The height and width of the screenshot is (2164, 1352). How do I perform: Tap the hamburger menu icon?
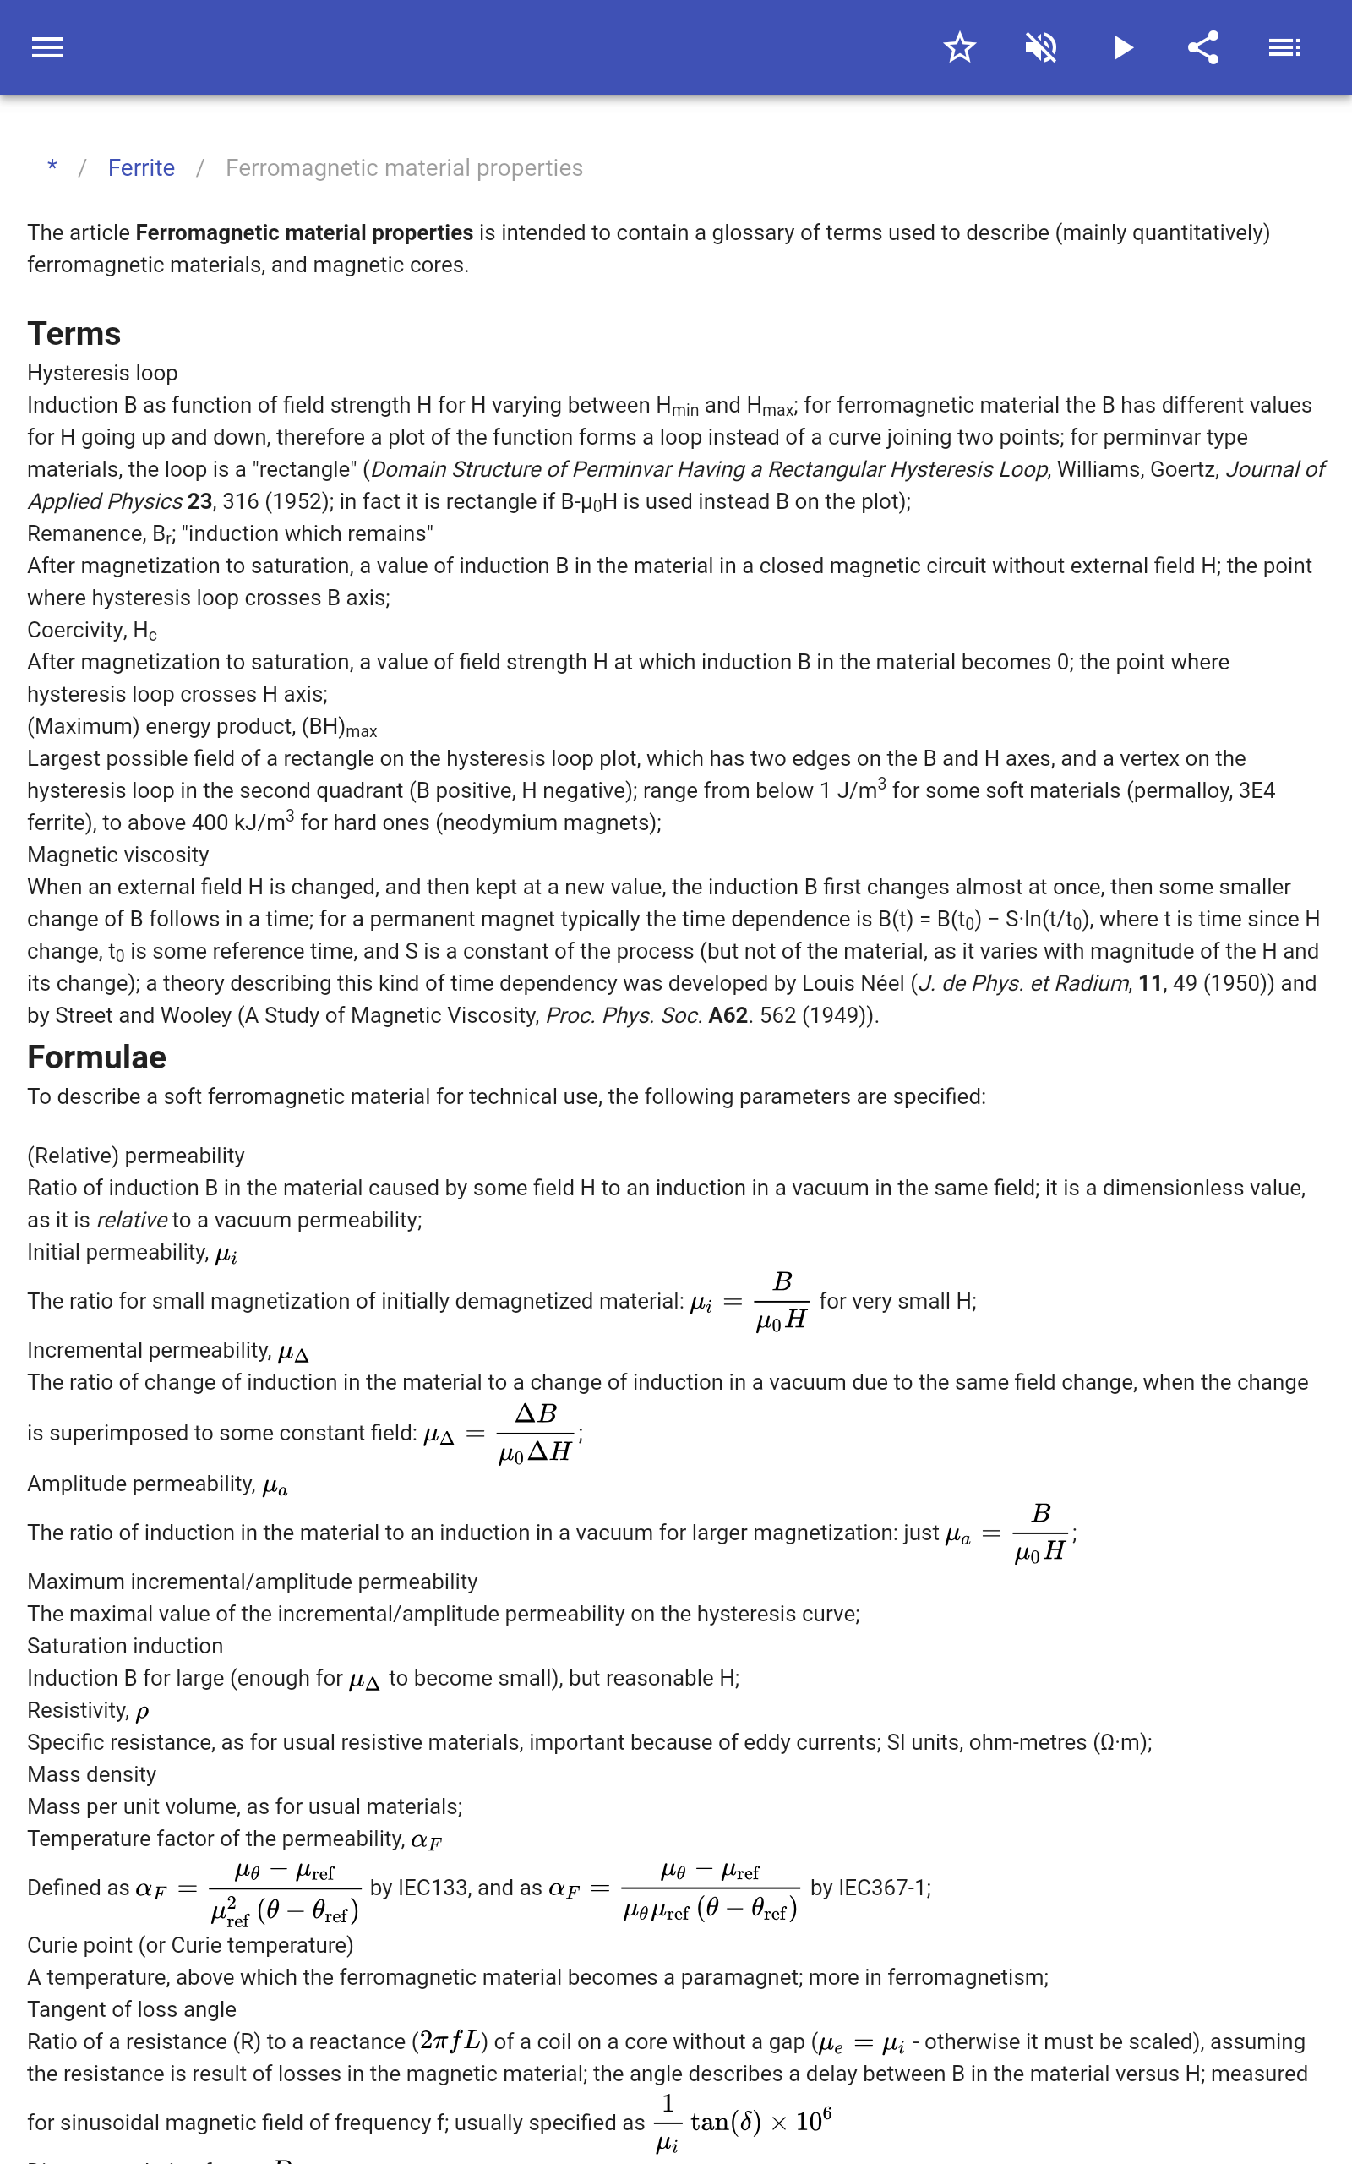coord(47,47)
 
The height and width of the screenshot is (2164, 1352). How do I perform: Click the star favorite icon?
coord(959,47)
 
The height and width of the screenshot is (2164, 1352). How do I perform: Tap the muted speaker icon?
coord(1041,47)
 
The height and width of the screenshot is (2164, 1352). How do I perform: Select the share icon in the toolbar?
coord(1203,47)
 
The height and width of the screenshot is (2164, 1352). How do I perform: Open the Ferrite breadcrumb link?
coord(141,168)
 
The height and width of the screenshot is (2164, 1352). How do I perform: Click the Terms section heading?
coord(74,334)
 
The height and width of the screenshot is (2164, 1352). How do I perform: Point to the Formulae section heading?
coord(96,1057)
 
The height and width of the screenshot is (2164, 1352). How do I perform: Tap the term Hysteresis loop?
coord(102,373)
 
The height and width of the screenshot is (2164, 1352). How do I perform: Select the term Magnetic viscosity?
coord(118,855)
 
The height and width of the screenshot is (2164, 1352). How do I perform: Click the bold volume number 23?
coord(199,501)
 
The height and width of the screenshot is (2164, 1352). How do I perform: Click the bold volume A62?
coord(727,1016)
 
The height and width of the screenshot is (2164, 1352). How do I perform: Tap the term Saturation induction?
coord(125,1647)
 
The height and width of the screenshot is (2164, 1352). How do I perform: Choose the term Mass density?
coord(92,1774)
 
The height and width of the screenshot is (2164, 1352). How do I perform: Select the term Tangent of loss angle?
coord(132,2009)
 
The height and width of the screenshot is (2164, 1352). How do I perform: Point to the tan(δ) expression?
coord(724,2122)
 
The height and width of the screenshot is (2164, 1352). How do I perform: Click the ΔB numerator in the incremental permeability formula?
coord(536,1413)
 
